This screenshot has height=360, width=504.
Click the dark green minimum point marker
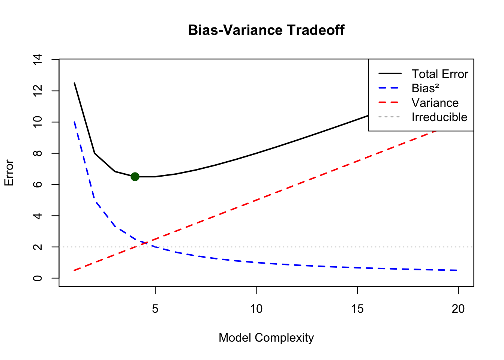point(135,177)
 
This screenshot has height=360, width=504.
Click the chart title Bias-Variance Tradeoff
point(266,30)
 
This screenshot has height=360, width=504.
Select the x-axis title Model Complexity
point(266,337)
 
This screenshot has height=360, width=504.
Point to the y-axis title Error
point(9,173)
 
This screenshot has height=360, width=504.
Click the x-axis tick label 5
point(155,309)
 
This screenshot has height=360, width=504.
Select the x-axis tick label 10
point(256,309)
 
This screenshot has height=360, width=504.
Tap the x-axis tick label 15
point(357,309)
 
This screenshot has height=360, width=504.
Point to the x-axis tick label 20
point(458,309)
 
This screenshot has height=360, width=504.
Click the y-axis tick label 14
point(37,60)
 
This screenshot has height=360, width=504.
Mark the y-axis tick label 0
point(37,278)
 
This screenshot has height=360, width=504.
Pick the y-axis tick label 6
point(37,184)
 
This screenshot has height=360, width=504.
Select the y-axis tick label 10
point(37,122)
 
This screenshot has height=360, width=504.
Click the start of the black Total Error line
point(74,83)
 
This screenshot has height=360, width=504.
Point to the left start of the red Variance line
point(74,270)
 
